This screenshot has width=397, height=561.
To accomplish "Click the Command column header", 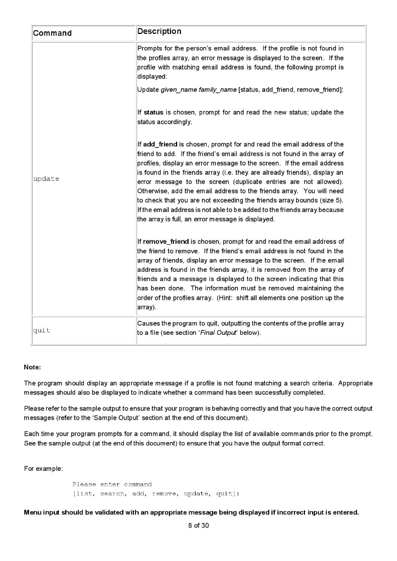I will click(x=52, y=33).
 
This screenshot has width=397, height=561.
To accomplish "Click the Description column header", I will click(x=160, y=32).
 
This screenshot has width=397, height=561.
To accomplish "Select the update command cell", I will click(x=47, y=179).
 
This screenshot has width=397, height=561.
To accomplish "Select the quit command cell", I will click(x=42, y=330).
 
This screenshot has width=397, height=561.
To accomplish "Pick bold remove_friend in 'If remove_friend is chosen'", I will click(x=166, y=242).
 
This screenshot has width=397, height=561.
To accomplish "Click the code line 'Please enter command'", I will click(x=112, y=484).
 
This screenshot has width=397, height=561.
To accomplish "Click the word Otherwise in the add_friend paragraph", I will click(x=153, y=191).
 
